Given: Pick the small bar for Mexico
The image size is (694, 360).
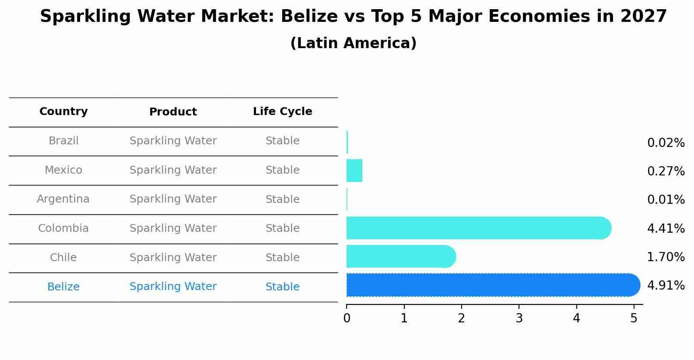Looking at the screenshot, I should [354, 171].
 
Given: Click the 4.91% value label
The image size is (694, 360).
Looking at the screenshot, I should [666, 286].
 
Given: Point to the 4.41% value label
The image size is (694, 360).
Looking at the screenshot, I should [666, 228].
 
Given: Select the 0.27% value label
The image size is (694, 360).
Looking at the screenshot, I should [666, 171].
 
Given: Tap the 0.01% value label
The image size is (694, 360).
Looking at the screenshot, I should [666, 200].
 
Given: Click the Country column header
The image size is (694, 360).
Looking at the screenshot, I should [63, 112].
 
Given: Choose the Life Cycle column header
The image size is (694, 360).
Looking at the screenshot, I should [282, 112].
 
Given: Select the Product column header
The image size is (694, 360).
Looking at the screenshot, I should [173, 112].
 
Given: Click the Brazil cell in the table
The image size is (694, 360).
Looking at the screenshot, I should [63, 141].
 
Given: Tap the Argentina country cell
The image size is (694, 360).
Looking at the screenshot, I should [63, 199].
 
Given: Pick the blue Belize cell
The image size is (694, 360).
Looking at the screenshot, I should [63, 287].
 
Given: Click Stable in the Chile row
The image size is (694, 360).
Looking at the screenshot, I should [282, 258].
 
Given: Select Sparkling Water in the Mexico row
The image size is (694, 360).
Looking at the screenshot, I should [173, 170].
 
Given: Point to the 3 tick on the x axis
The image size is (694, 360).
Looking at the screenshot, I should [519, 318].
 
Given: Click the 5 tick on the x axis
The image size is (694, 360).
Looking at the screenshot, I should [634, 318].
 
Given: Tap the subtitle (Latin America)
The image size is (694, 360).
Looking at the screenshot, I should [353, 43].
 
